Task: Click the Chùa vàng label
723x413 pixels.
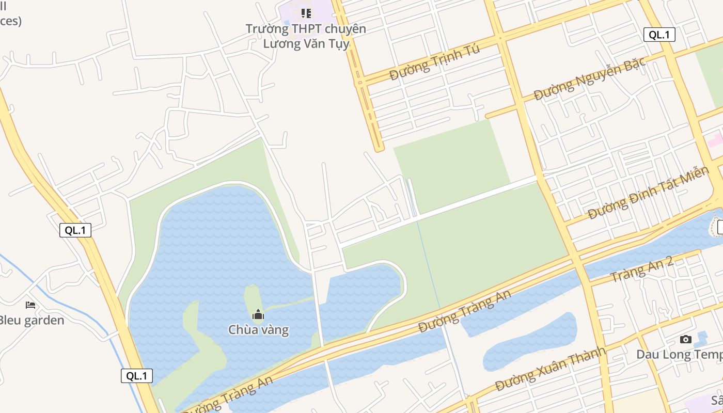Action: click(x=258, y=329)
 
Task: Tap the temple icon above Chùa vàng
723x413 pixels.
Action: click(x=258, y=314)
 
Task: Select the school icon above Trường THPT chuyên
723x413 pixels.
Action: click(x=306, y=13)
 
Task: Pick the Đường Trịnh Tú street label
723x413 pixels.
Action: click(x=434, y=62)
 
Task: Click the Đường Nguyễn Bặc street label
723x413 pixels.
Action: click(x=589, y=79)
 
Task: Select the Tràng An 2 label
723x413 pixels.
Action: click(x=642, y=269)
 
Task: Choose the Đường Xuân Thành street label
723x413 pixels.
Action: click(x=549, y=370)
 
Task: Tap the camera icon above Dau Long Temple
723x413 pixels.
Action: click(x=686, y=339)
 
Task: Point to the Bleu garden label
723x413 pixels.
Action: click(x=31, y=320)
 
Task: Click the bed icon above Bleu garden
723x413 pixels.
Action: click(x=30, y=305)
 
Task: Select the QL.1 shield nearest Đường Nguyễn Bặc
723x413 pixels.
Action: click(x=659, y=35)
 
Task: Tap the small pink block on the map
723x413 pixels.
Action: click(x=715, y=139)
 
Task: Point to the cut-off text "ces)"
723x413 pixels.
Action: click(x=10, y=21)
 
